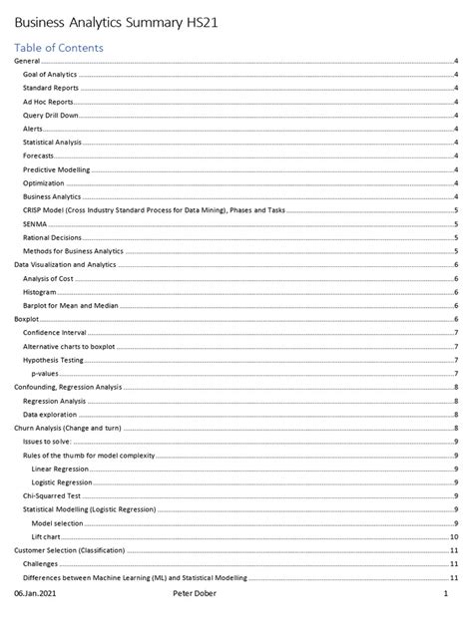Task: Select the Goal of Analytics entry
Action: pyautogui.click(x=50, y=75)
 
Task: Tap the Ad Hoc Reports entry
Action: pyautogui.click(x=47, y=102)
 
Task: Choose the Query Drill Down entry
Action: pyautogui.click(x=51, y=116)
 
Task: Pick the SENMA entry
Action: pyautogui.click(x=34, y=224)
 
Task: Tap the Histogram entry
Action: pyautogui.click(x=39, y=292)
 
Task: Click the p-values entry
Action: pyautogui.click(x=46, y=373)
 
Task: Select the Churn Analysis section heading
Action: pyautogui.click(x=67, y=427)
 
